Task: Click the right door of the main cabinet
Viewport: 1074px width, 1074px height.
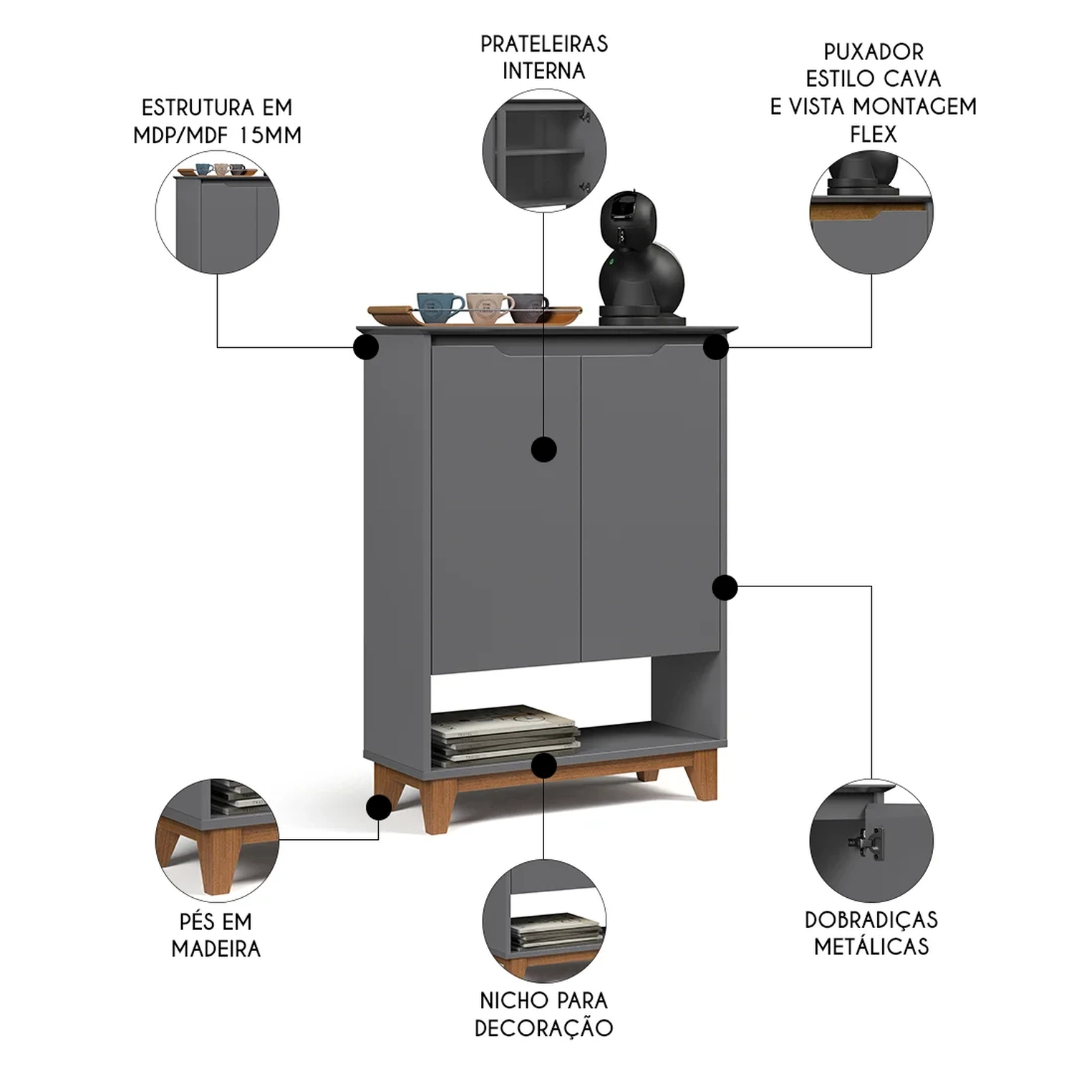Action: (x=650, y=505)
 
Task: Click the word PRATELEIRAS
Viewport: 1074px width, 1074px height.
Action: (x=544, y=44)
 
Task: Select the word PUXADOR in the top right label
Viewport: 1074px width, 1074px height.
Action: (x=874, y=52)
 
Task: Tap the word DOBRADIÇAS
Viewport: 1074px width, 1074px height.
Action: (x=871, y=919)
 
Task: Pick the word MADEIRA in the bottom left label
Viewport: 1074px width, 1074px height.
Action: (x=216, y=949)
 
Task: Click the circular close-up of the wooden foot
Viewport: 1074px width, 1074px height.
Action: (x=217, y=840)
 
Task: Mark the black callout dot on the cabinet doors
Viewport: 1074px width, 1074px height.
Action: (x=544, y=450)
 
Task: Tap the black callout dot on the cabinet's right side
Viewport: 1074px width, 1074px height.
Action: (x=725, y=587)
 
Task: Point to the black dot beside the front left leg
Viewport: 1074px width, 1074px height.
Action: (x=378, y=808)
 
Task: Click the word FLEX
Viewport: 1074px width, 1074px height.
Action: (x=873, y=134)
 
